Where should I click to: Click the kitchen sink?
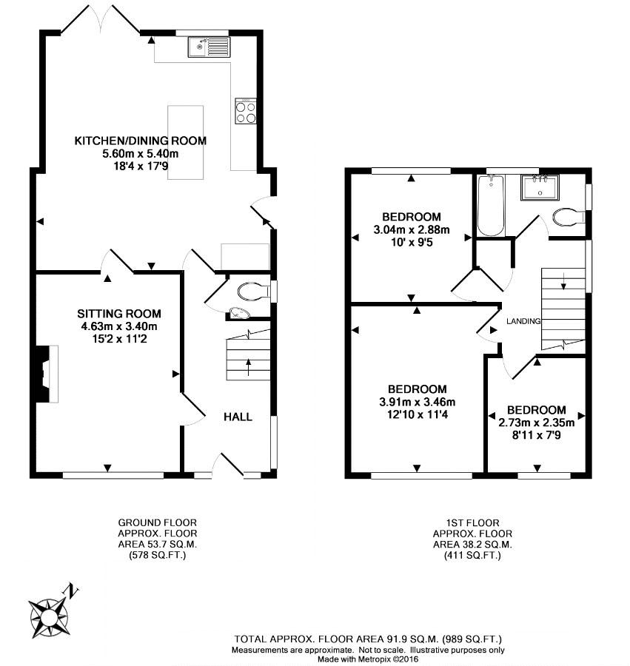tap(209, 47)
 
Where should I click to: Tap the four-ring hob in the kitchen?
tap(246, 111)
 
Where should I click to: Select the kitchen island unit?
tap(185, 142)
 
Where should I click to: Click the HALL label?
tap(238, 417)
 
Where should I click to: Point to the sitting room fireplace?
tap(47, 374)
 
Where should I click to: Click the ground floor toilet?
tap(254, 292)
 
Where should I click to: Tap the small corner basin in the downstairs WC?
tap(239, 313)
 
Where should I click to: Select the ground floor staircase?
tap(249, 354)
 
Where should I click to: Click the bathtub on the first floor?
tap(491, 206)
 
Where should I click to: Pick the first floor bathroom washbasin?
tap(540, 188)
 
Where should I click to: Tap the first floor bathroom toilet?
tap(569, 217)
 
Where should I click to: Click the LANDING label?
tap(523, 322)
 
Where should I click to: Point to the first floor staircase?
tap(563, 309)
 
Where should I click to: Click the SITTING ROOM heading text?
tap(119, 314)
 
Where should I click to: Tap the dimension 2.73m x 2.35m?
tap(536, 423)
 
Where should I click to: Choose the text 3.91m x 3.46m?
tap(418, 402)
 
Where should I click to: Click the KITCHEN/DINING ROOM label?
tap(141, 141)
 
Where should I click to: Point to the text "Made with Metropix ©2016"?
tap(368, 659)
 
